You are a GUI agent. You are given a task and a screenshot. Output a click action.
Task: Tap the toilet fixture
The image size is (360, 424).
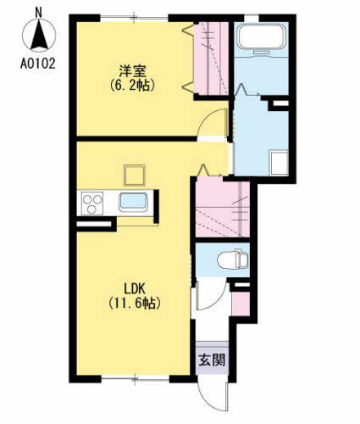coord(230,258)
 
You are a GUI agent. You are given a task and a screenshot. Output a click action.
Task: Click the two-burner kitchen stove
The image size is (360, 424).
coord(92,204)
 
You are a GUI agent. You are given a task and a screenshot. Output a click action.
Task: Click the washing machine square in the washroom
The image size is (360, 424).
coord(279,162)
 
